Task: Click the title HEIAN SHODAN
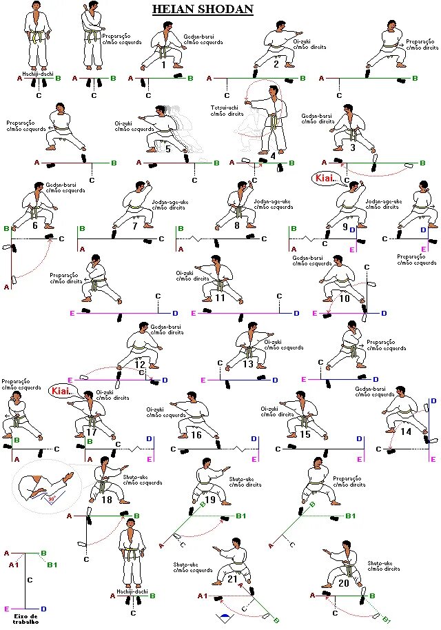click(x=202, y=9)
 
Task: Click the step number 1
click(x=164, y=65)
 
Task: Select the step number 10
click(x=345, y=298)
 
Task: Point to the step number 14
click(x=406, y=431)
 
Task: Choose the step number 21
click(x=232, y=579)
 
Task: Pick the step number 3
click(x=353, y=147)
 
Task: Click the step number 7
click(x=134, y=225)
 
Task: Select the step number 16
click(x=197, y=435)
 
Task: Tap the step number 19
click(x=211, y=500)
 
